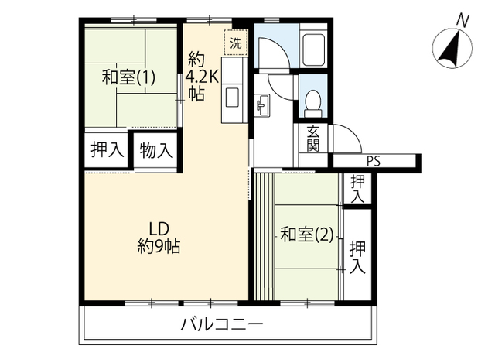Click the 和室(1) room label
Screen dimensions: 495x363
point(128,77)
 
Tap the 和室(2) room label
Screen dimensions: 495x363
point(307,235)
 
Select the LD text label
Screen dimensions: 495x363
point(159,229)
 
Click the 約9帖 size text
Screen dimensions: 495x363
point(159,246)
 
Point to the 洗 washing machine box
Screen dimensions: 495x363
point(235,43)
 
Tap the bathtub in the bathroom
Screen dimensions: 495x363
point(313,50)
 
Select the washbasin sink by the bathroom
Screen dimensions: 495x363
point(263,105)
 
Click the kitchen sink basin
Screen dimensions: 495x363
point(233,98)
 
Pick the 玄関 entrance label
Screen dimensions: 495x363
point(312,139)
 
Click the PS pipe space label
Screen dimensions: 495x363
point(374,162)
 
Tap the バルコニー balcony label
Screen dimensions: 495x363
point(222,325)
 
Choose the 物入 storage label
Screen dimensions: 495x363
point(156,150)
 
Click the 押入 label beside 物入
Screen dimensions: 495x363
point(108,149)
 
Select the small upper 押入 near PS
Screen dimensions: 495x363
point(357,189)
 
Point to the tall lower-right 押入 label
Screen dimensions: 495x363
point(357,257)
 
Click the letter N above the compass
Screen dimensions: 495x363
point(463,21)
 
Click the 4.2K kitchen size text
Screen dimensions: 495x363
point(202,76)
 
